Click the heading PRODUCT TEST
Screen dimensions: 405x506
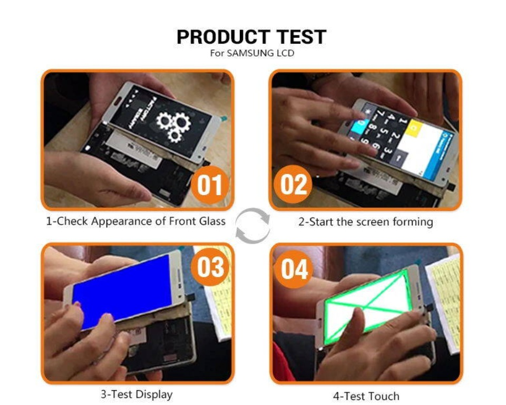pos(251,37)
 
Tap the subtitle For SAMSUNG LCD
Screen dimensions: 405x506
pos(251,53)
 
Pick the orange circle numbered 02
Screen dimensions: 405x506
pos(293,185)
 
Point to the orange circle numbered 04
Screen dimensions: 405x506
pos(294,268)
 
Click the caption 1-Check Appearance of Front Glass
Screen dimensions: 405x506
pos(136,221)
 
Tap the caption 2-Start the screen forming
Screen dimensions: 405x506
pos(366,221)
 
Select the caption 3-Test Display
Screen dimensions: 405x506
pos(137,394)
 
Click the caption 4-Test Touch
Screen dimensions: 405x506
pos(366,396)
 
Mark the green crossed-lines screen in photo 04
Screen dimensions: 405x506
pos(369,305)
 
